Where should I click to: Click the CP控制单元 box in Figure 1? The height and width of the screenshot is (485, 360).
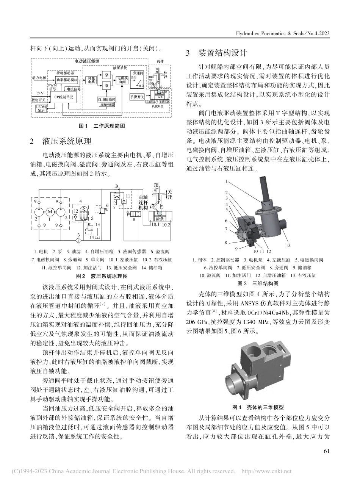click(63, 97)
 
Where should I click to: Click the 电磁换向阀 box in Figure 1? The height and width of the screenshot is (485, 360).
click(122, 80)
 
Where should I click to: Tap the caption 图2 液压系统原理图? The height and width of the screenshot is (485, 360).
click(102, 277)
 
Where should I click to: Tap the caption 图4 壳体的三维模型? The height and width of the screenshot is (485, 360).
click(258, 407)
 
